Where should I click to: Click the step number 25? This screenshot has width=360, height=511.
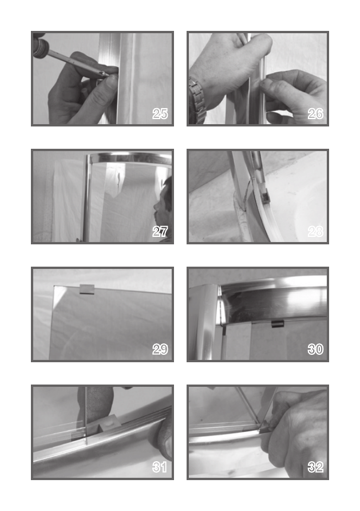[x=160, y=114]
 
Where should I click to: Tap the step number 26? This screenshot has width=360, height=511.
[x=315, y=114]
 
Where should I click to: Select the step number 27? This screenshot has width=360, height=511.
[x=160, y=232]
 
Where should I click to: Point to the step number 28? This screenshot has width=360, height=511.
[x=315, y=232]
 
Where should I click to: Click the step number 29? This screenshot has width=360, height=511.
[x=160, y=350]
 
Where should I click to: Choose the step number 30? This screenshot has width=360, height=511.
[x=315, y=350]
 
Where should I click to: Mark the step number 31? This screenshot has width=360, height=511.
[x=160, y=468]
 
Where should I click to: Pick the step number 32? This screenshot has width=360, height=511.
[x=315, y=468]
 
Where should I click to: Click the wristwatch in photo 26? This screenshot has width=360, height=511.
[x=197, y=101]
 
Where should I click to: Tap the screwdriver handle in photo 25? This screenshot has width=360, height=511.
[x=41, y=46]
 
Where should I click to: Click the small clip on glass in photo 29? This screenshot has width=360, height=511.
[x=87, y=289]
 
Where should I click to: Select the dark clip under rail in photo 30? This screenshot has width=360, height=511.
[x=278, y=324]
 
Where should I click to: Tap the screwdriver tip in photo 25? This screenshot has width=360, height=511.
[x=107, y=74]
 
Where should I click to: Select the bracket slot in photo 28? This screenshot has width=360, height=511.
[x=265, y=195]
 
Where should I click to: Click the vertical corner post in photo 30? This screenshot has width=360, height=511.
[x=204, y=322]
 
